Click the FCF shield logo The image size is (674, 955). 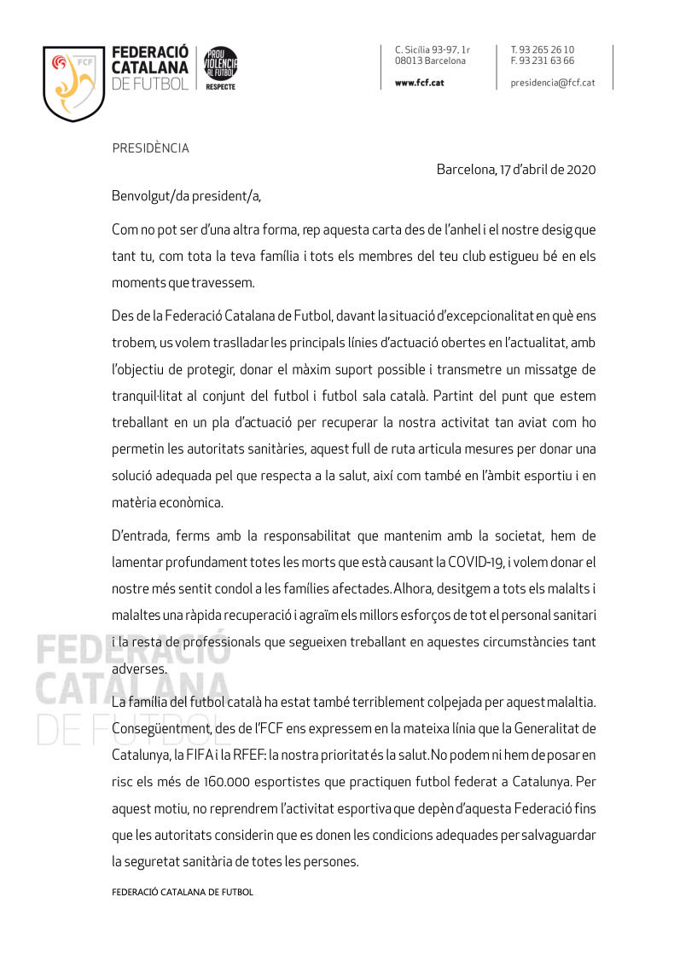[x=73, y=83]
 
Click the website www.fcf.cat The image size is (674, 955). [x=419, y=83]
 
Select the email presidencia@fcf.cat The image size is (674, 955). [x=552, y=83]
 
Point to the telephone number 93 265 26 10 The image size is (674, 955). [x=548, y=49]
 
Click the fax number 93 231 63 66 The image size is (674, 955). [x=548, y=61]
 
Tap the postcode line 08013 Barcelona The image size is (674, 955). [x=430, y=61]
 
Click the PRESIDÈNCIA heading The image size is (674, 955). [x=151, y=148]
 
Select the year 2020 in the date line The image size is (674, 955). [x=580, y=169]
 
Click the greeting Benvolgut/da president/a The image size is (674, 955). [x=186, y=196]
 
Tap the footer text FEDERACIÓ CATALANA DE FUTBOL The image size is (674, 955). [x=183, y=892]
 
